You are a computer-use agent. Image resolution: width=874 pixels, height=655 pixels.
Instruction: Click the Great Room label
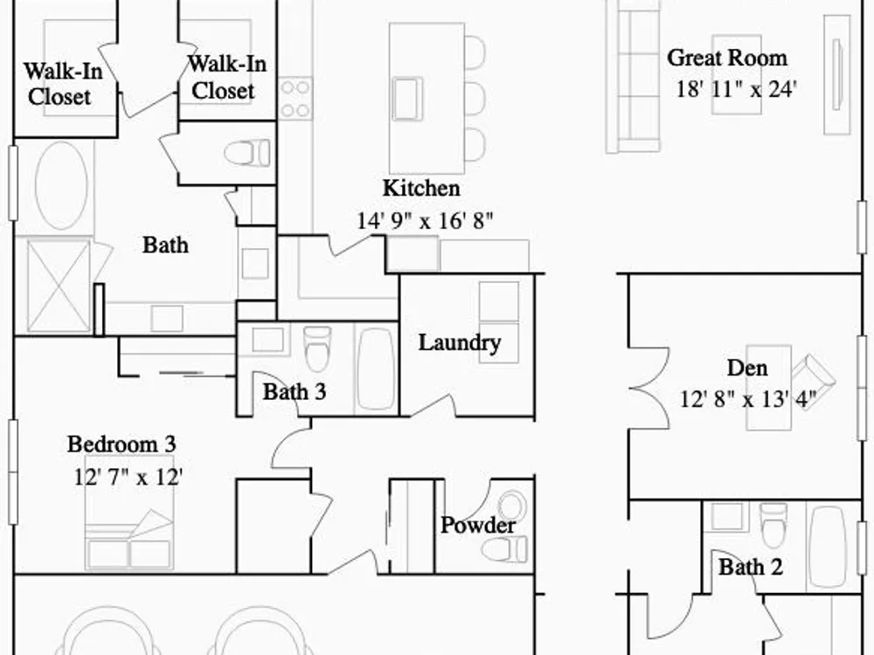pos(727,58)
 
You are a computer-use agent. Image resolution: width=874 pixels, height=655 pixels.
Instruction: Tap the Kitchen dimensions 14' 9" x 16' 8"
pos(425,221)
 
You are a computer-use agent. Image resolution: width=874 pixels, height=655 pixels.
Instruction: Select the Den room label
pos(747,369)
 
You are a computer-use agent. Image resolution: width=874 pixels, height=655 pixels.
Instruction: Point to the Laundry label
pos(460,343)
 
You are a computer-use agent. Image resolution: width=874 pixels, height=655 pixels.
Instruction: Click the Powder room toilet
pos(504,549)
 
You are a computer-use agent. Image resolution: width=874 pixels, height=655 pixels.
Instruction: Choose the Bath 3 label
pos(295,391)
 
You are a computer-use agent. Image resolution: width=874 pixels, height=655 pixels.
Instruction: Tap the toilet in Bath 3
pos(317,348)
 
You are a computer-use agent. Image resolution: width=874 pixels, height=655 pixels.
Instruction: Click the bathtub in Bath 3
pos(376,369)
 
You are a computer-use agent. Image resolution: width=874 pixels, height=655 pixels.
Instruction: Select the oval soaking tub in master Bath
pos(61,185)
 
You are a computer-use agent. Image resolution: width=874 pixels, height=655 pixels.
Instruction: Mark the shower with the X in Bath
pos(59,286)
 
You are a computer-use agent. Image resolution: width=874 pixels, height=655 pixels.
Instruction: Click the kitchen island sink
pos(407,100)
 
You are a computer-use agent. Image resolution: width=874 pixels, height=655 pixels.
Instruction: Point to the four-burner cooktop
pos(295,99)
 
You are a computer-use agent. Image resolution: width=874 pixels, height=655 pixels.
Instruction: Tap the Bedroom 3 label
pos(121,445)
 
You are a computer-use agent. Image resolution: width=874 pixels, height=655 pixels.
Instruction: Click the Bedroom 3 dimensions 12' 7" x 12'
pos(128,477)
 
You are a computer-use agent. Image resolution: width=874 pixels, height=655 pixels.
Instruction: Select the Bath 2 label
pos(750,567)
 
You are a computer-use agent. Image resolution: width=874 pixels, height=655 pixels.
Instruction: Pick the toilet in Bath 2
pos(773,525)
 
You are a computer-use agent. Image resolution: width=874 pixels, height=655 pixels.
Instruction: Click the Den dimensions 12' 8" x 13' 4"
pos(748,399)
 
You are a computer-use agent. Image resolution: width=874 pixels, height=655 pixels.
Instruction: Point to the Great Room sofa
pos(633,76)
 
